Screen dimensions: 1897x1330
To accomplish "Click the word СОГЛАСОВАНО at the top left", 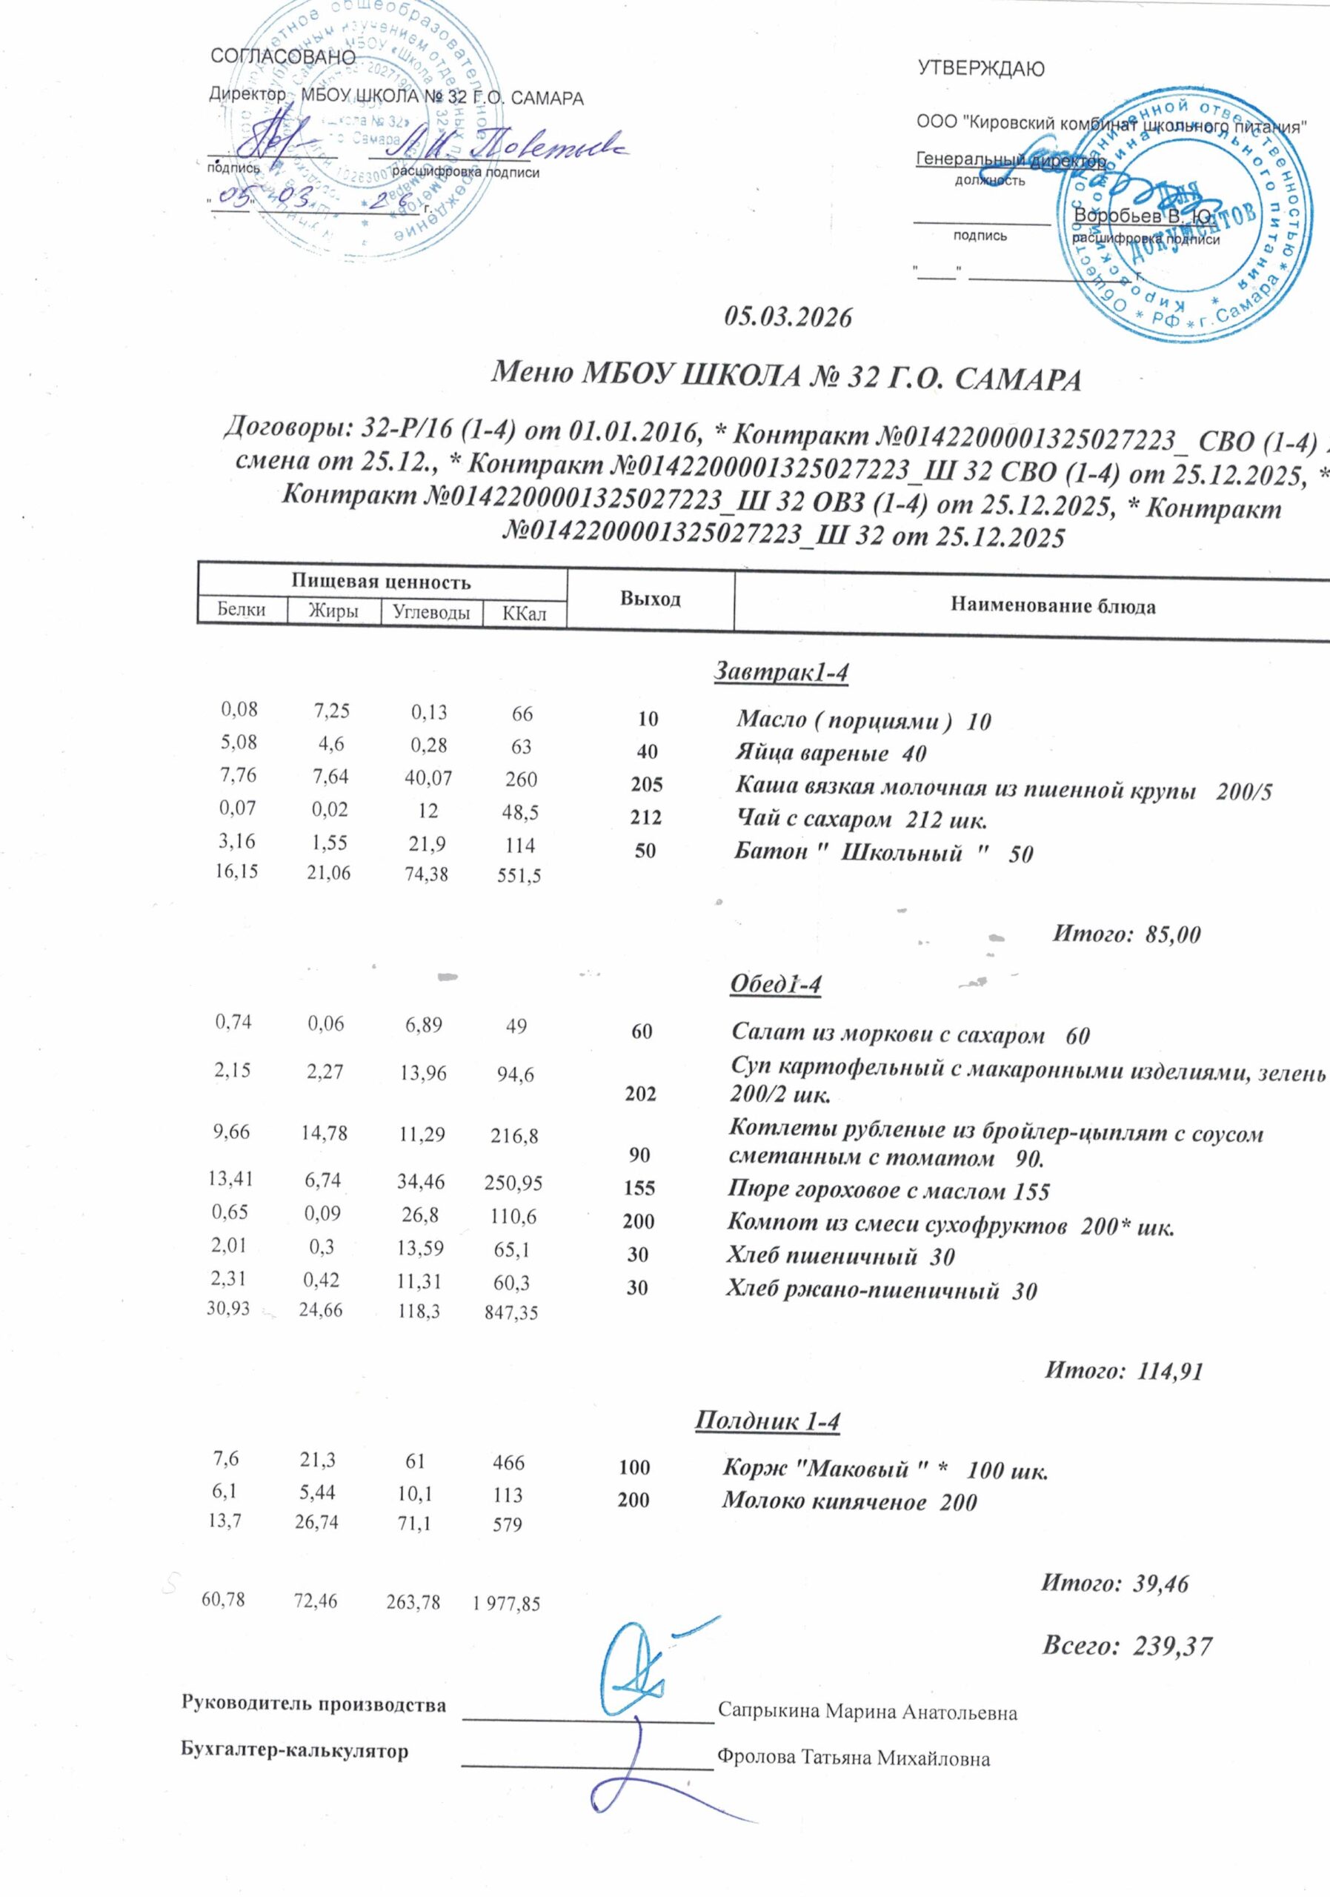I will [283, 57].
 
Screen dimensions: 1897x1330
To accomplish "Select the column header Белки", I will [242, 611].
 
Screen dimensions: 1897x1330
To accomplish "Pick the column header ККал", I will [525, 614].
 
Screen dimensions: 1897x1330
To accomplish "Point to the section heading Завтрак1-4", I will [781, 673].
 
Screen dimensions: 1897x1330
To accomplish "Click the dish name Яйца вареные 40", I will [830, 754].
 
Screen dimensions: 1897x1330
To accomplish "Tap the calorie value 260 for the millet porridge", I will [522, 779].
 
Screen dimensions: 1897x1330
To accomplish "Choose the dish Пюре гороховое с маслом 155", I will [888, 1191].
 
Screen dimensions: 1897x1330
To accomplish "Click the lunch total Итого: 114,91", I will [1123, 1372].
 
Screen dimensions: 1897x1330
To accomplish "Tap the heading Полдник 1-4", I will [767, 1421].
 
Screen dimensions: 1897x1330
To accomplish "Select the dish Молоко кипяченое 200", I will [849, 1501].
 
